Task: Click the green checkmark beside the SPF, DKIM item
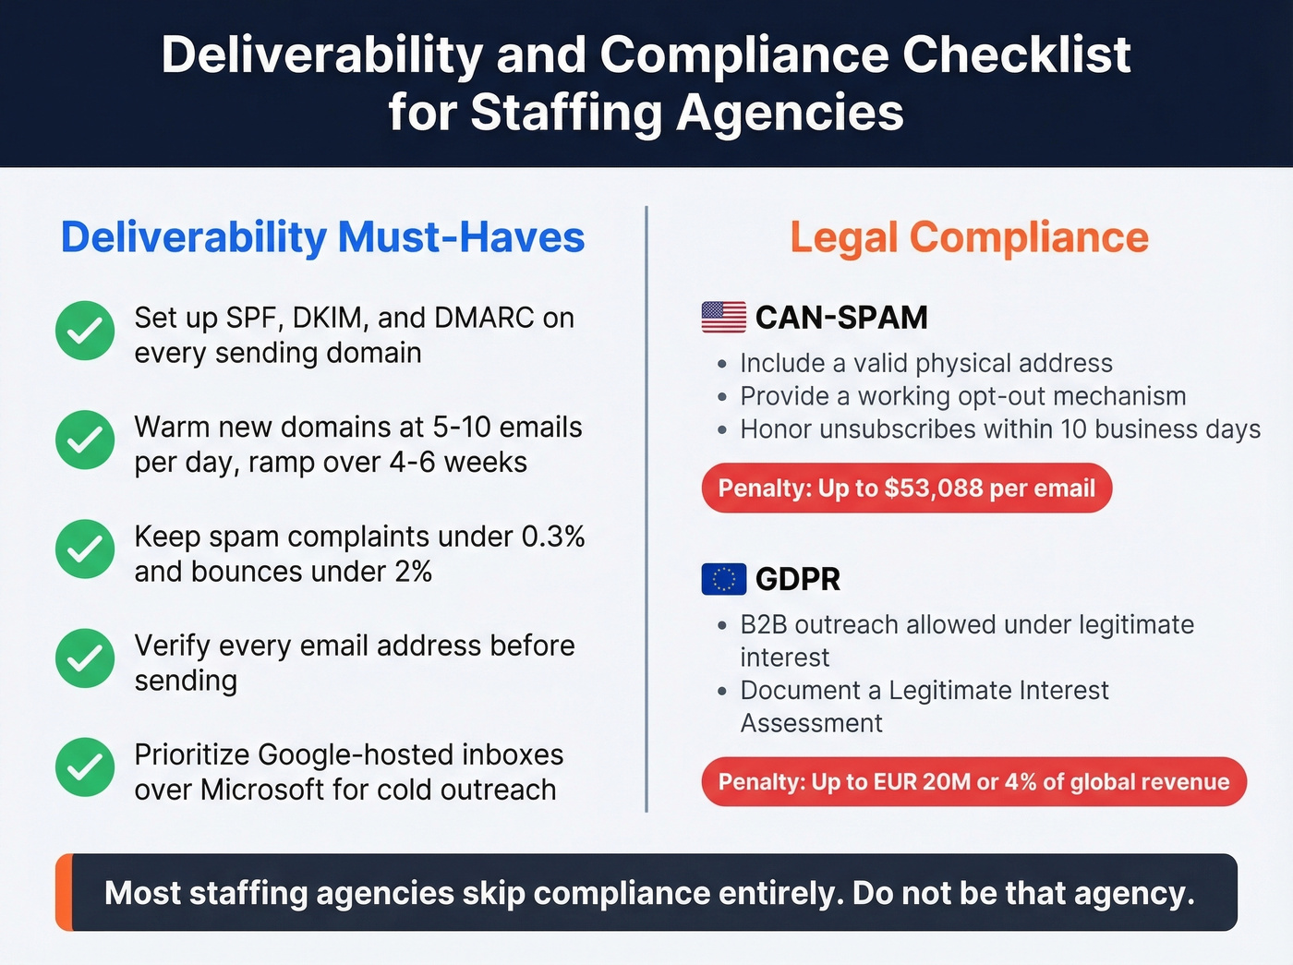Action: pos(85,331)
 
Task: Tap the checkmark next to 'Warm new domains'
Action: pos(85,440)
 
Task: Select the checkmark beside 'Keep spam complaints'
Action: pos(85,549)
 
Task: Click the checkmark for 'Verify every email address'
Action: pos(85,658)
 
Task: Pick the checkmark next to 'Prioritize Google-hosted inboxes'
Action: pos(85,767)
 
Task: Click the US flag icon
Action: pos(724,317)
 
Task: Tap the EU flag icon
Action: pos(724,579)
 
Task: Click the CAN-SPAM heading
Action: pos(841,318)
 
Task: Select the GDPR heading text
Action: pos(798,579)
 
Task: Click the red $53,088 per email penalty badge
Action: pos(907,488)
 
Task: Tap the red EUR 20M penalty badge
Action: pos(973,782)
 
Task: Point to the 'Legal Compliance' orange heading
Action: pos(969,237)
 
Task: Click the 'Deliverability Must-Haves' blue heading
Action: pos(322,237)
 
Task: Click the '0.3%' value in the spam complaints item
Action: pos(553,537)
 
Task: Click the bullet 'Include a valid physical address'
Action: pos(925,363)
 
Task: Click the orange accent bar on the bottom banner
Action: pos(64,892)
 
